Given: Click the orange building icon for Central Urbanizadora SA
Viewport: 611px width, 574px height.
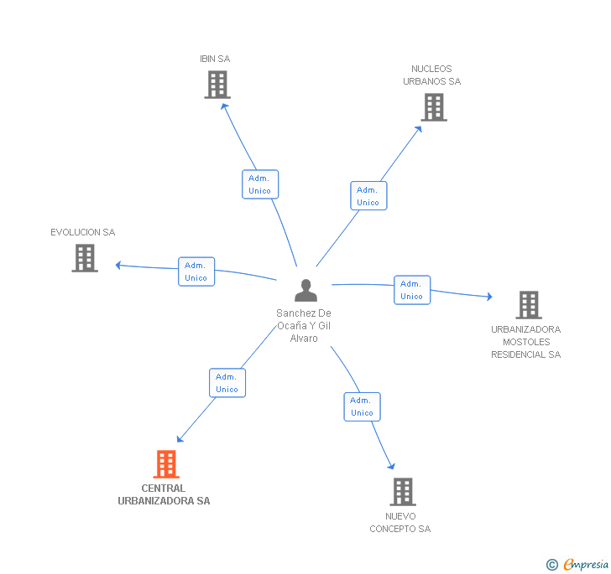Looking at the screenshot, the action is [x=166, y=464].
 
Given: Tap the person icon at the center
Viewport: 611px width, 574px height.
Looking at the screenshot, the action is [x=305, y=290].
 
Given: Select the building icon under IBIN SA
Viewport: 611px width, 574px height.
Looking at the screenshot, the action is [x=217, y=85].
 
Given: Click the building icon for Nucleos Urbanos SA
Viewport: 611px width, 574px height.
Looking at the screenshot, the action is [x=434, y=107].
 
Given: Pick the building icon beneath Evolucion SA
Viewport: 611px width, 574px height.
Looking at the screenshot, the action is [x=85, y=258].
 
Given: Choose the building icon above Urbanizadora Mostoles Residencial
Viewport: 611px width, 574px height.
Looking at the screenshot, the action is [x=529, y=305].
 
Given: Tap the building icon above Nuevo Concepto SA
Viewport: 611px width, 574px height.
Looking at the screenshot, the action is [x=403, y=492].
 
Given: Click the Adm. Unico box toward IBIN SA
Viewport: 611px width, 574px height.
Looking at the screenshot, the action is [x=260, y=184].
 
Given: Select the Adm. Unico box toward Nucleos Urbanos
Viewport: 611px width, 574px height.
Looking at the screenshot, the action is [x=368, y=196].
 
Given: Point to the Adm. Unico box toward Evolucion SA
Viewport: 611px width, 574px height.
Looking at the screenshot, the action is [x=196, y=271].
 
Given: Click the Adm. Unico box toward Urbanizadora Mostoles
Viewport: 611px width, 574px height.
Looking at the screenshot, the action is [x=412, y=290].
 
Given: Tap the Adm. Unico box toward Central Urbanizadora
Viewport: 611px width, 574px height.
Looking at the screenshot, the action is [x=227, y=383].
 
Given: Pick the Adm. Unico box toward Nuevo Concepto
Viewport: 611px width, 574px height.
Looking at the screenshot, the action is [x=362, y=406].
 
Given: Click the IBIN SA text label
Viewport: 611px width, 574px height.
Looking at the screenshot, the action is [x=215, y=59].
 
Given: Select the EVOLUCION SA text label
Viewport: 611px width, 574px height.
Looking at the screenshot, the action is [x=82, y=232].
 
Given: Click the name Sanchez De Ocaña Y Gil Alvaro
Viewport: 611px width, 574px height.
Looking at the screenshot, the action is [x=304, y=326].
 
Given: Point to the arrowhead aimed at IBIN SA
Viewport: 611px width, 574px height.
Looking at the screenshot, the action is [x=224, y=106].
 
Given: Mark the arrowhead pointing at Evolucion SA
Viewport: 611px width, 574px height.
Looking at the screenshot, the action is [x=118, y=265].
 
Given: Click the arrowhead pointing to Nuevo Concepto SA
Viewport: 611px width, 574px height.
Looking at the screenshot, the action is [x=391, y=466].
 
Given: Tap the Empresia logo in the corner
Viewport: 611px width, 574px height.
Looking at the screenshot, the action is [x=577, y=564].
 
